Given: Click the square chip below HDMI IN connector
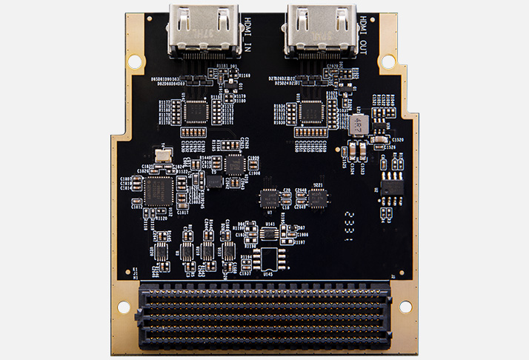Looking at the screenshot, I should pos(196,110).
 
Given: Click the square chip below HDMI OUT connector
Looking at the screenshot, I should pos(311,110).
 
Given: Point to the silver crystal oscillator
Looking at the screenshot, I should pos(164,153).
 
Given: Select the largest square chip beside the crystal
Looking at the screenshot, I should pos(157,190).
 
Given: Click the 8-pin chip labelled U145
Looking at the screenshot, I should pos(266,259).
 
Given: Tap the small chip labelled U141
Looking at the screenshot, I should pos(269,233).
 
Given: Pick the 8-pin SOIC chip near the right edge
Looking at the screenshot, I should pos(392,187).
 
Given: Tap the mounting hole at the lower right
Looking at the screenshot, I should pos(405,306).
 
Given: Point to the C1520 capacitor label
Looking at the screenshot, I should pos(398,140).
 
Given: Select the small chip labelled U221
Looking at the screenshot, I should pos(319,197).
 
